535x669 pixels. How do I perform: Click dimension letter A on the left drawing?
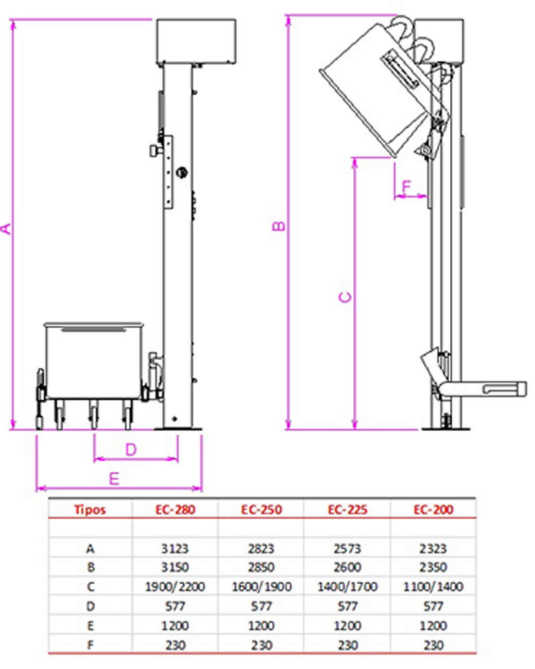tap(6, 229)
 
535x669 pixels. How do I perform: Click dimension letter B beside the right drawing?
tap(278, 226)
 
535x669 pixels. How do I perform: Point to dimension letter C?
tap(345, 297)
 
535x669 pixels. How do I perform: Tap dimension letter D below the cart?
tap(131, 450)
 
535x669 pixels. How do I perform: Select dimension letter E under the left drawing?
tap(114, 479)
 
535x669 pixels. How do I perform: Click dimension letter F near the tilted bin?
tap(406, 186)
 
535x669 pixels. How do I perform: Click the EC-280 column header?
tap(175, 510)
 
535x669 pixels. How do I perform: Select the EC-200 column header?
tap(433, 510)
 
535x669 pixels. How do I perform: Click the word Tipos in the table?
tap(90, 510)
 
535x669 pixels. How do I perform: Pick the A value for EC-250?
tap(261, 549)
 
